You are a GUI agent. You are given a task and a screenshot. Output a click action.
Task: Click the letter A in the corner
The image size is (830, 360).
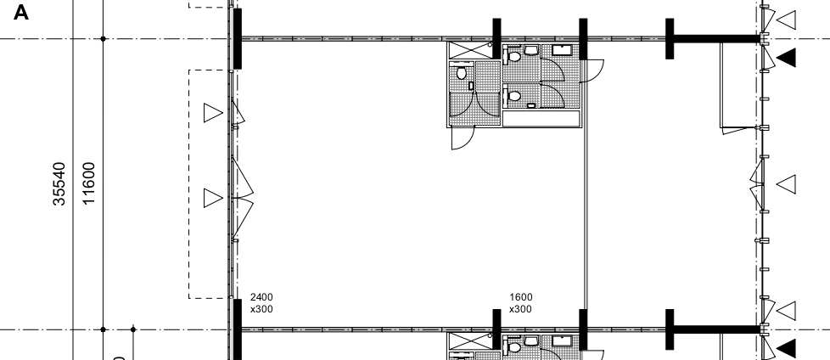pyautogui.click(x=20, y=12)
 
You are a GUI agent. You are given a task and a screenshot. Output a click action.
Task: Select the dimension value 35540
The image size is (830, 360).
pyautogui.click(x=59, y=183)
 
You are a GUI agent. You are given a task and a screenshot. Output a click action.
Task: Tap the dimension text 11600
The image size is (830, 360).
pyautogui.click(x=89, y=183)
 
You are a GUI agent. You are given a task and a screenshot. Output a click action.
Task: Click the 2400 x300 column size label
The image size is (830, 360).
pyautogui.click(x=261, y=303)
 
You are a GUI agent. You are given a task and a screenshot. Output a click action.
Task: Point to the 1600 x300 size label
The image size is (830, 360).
pyautogui.click(x=521, y=303)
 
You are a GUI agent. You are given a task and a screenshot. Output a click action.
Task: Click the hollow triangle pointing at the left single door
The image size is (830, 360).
pyautogui.click(x=213, y=113)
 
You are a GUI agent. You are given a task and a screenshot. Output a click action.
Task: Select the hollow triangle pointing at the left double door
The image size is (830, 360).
pyautogui.click(x=213, y=198)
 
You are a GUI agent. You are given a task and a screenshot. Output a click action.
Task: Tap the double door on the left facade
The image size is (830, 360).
pyautogui.click(x=242, y=198)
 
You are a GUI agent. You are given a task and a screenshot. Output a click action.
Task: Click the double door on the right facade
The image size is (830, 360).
pyautogui.click(x=758, y=184)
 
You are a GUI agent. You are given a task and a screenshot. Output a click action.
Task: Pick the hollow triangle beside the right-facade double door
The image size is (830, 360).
pyautogui.click(x=786, y=184)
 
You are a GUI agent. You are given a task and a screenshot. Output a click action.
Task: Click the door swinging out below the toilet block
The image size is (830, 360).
pyautogui.click(x=463, y=138)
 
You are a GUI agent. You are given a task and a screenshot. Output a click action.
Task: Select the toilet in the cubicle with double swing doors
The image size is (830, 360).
pyautogui.click(x=461, y=72)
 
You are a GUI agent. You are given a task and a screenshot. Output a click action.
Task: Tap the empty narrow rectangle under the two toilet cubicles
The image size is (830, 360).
pyautogui.click(x=541, y=119)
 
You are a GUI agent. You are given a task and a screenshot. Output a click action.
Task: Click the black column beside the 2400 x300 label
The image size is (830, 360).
pyautogui.click(x=237, y=329)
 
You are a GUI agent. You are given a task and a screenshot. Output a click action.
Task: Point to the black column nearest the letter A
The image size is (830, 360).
pyautogui.click(x=237, y=38)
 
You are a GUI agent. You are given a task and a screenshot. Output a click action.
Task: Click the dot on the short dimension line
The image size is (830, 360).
pyautogui.click(x=133, y=329)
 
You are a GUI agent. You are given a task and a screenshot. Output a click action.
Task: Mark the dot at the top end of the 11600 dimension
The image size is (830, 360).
pyautogui.click(x=104, y=39)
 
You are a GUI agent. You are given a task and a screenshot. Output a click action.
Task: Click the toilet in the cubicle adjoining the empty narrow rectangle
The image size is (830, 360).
pyautogui.click(x=513, y=96)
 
